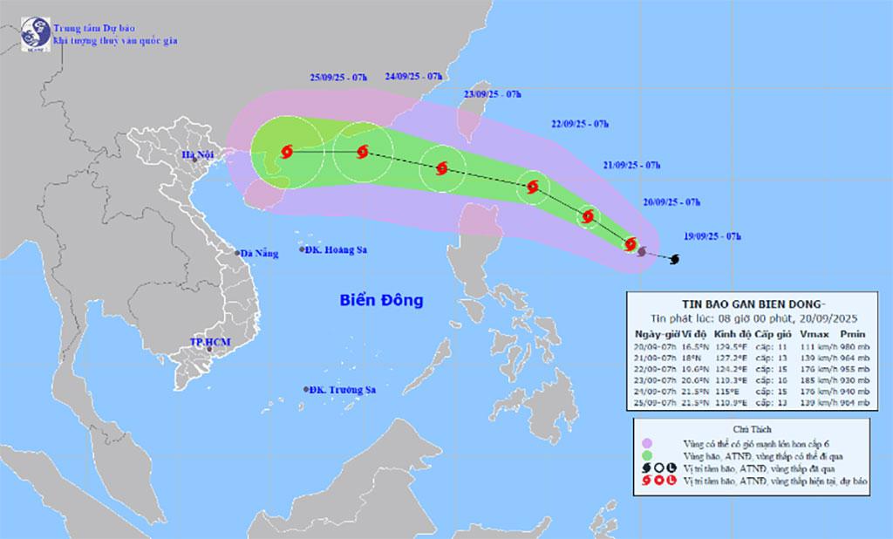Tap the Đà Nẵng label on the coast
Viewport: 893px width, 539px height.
tap(261, 254)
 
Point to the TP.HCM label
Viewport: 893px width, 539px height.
tap(209, 342)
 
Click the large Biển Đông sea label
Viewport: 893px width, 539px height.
tap(380, 301)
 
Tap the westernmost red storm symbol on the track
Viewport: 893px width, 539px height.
tap(285, 153)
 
